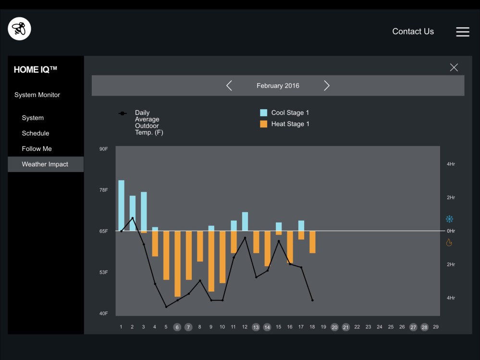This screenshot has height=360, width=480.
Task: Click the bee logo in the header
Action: click(x=20, y=29)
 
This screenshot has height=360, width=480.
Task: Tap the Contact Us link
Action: click(x=413, y=31)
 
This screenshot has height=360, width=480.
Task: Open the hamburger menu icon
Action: click(x=462, y=32)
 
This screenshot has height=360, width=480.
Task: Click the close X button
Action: click(x=454, y=67)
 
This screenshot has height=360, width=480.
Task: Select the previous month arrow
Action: click(x=229, y=86)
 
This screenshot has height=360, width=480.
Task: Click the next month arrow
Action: click(x=327, y=86)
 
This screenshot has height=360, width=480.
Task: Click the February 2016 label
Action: click(x=278, y=86)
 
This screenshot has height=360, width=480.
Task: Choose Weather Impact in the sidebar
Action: click(x=45, y=164)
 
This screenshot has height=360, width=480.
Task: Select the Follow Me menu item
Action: click(x=37, y=149)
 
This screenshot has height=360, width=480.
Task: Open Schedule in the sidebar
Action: click(x=36, y=133)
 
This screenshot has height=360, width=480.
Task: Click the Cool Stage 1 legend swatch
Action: click(x=263, y=113)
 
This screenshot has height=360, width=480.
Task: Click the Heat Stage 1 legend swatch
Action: click(x=263, y=124)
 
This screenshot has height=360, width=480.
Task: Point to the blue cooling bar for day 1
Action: click(x=121, y=205)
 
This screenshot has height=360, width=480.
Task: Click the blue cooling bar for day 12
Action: click(x=245, y=221)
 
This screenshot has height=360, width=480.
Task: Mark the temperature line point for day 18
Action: click(x=312, y=300)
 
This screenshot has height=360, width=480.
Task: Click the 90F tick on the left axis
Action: click(x=104, y=149)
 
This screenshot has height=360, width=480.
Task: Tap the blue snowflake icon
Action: click(x=449, y=219)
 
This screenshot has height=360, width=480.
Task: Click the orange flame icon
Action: click(x=449, y=242)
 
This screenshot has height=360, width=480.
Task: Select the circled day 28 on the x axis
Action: click(x=424, y=327)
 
